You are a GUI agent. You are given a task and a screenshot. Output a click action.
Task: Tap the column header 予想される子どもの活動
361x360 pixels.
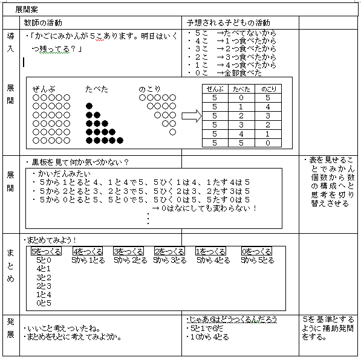click(x=229, y=22)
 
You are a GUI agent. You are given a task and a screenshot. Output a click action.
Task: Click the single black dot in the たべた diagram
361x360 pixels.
click(x=89, y=106)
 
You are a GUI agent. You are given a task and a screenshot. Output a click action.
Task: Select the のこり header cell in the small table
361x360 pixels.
click(x=265, y=88)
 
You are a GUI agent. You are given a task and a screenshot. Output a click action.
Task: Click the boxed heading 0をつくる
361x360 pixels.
click(x=256, y=251)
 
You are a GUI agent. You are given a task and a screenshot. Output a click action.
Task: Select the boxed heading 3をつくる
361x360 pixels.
click(x=128, y=251)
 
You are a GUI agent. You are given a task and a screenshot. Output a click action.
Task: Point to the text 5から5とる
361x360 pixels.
click(x=257, y=260)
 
